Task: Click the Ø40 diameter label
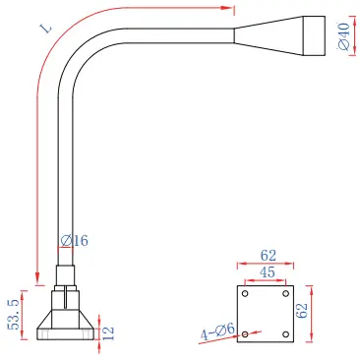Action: tap(343, 36)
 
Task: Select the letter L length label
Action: tap(47, 28)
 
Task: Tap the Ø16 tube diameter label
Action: tap(75, 241)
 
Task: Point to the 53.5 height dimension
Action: tap(14, 315)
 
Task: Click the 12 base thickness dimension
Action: tap(108, 332)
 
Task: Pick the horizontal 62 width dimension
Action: tap(269, 256)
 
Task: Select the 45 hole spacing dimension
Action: tap(268, 272)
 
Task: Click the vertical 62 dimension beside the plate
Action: tap(302, 311)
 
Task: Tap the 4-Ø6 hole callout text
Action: tap(217, 331)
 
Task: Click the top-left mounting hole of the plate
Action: tap(245, 293)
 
